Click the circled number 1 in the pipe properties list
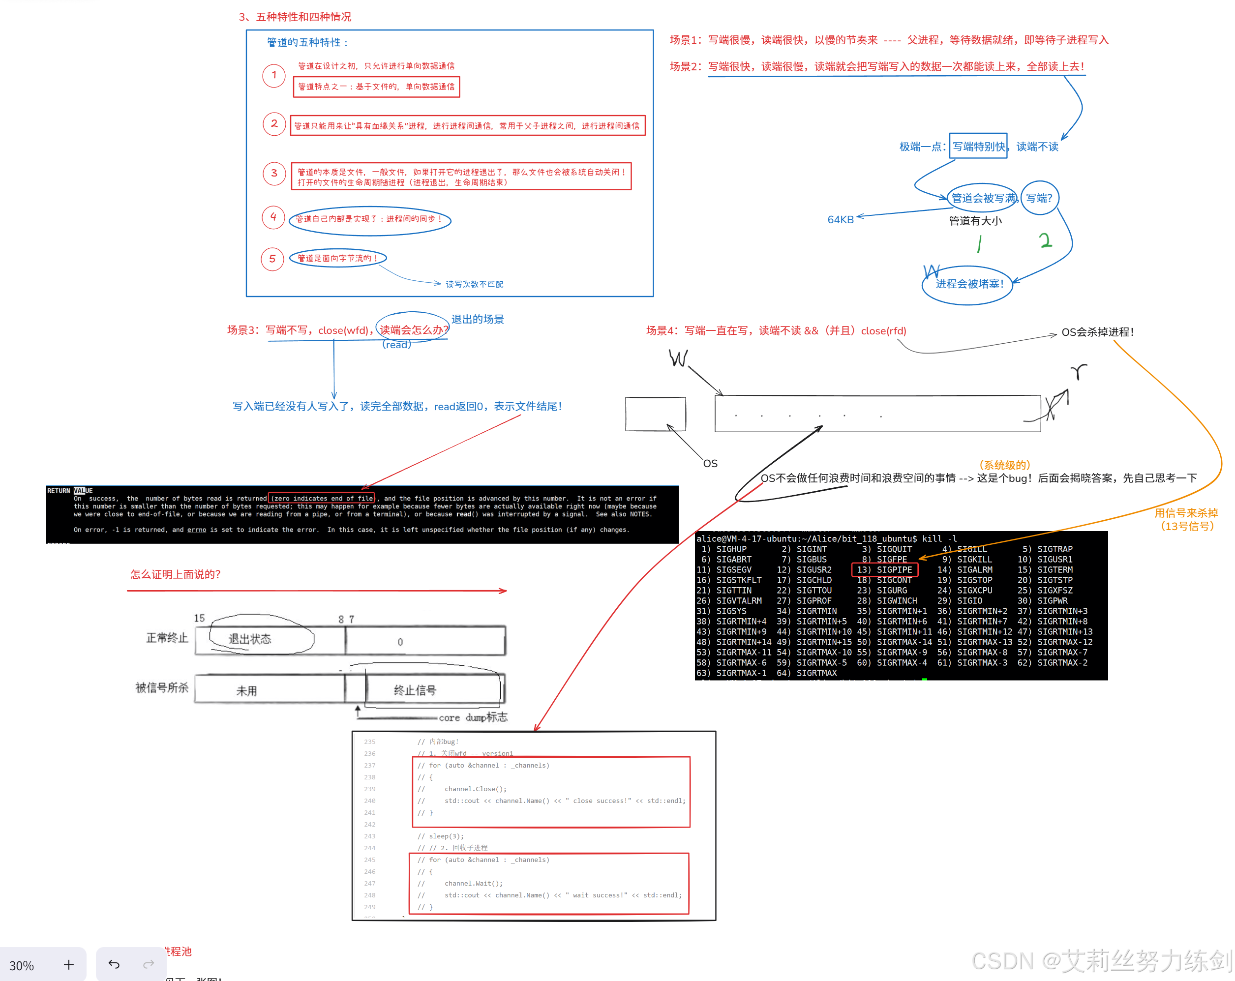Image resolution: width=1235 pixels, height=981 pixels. [274, 75]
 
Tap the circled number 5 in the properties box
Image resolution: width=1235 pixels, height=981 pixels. [272, 259]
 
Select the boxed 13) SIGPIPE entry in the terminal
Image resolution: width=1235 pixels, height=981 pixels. [885, 569]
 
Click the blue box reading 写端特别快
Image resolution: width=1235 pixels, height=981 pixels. [978, 146]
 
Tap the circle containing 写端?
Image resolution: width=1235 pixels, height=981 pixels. [1039, 198]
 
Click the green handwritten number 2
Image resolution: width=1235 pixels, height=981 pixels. [1046, 240]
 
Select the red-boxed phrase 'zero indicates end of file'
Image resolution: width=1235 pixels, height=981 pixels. [321, 498]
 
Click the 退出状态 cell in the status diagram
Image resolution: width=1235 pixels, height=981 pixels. [250, 639]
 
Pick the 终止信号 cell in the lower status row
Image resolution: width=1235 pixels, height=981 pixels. [415, 690]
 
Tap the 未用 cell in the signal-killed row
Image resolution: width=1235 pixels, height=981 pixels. [247, 691]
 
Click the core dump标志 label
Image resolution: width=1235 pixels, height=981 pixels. [473, 717]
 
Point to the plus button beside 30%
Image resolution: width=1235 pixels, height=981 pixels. [69, 965]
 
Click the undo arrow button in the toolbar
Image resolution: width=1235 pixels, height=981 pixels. [114, 965]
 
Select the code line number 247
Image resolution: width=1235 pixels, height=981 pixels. [369, 883]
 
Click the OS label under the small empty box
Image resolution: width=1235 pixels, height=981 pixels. [710, 463]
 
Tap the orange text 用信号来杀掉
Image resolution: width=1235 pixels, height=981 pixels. [1186, 513]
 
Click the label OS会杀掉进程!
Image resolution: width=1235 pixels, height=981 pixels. [1097, 332]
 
